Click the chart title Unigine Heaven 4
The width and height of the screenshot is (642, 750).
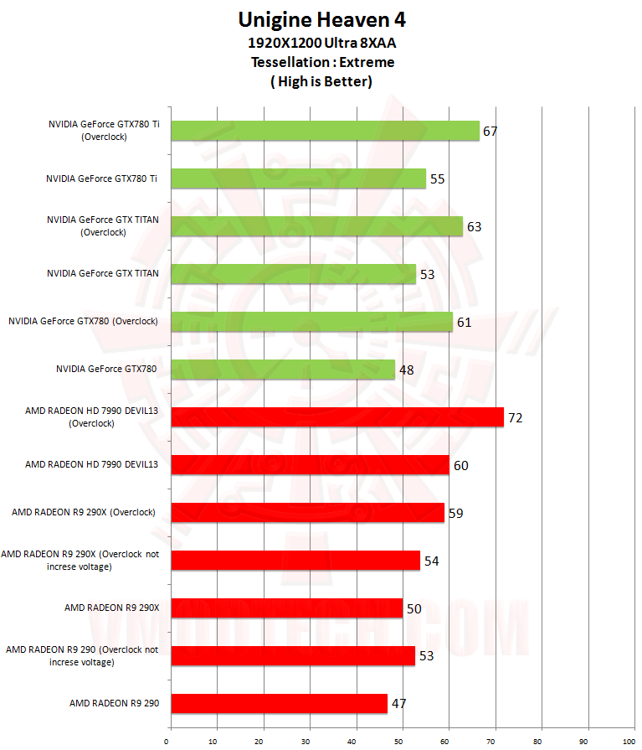click(x=322, y=19)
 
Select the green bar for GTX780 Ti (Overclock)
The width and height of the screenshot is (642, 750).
click(x=325, y=131)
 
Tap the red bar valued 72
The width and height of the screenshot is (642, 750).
click(x=336, y=417)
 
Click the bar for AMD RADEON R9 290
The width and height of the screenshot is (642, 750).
click(x=280, y=703)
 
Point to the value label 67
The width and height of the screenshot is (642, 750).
click(x=490, y=132)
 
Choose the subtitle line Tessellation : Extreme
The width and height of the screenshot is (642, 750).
click(x=322, y=62)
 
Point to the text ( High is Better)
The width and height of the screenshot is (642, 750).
click(x=322, y=81)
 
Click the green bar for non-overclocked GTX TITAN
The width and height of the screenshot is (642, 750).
click(x=293, y=274)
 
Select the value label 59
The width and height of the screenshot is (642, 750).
click(x=455, y=513)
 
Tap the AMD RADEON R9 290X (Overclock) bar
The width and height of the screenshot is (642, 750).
click(x=307, y=512)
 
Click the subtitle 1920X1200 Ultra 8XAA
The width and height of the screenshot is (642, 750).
click(x=322, y=43)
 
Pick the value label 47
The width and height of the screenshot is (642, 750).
click(x=399, y=703)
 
